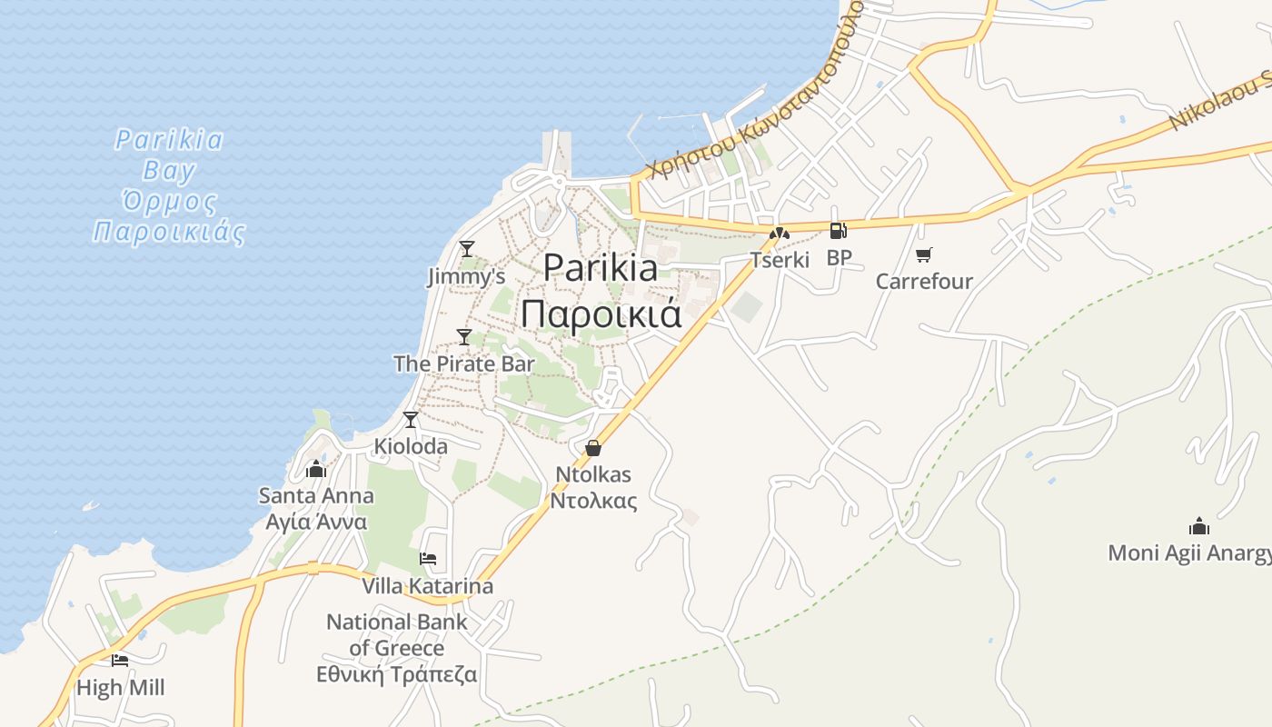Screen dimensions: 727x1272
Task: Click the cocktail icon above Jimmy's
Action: [467, 248]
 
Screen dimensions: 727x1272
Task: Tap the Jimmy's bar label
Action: [466, 276]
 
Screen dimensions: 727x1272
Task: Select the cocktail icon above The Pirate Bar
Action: [464, 337]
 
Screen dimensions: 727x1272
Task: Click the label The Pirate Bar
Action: [463, 363]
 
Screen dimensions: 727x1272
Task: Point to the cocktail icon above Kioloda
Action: [411, 419]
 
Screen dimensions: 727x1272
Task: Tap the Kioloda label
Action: [411, 446]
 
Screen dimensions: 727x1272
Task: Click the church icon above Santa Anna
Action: [316, 469]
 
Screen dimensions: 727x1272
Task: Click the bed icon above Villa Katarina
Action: [428, 558]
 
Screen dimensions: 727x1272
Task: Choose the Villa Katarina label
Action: [427, 586]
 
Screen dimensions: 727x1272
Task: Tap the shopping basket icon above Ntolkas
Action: [593, 447]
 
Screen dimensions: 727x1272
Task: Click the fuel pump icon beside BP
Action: [838, 231]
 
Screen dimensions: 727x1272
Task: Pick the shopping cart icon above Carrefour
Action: [924, 255]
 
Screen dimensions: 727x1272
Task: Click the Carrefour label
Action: [924, 282]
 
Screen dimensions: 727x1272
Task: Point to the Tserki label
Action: [780, 260]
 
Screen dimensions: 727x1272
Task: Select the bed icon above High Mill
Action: [120, 661]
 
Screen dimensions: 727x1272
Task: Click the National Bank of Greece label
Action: [397, 648]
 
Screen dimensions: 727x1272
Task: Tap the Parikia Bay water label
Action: [169, 186]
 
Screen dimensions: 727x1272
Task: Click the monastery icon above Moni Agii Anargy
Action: [1199, 526]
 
